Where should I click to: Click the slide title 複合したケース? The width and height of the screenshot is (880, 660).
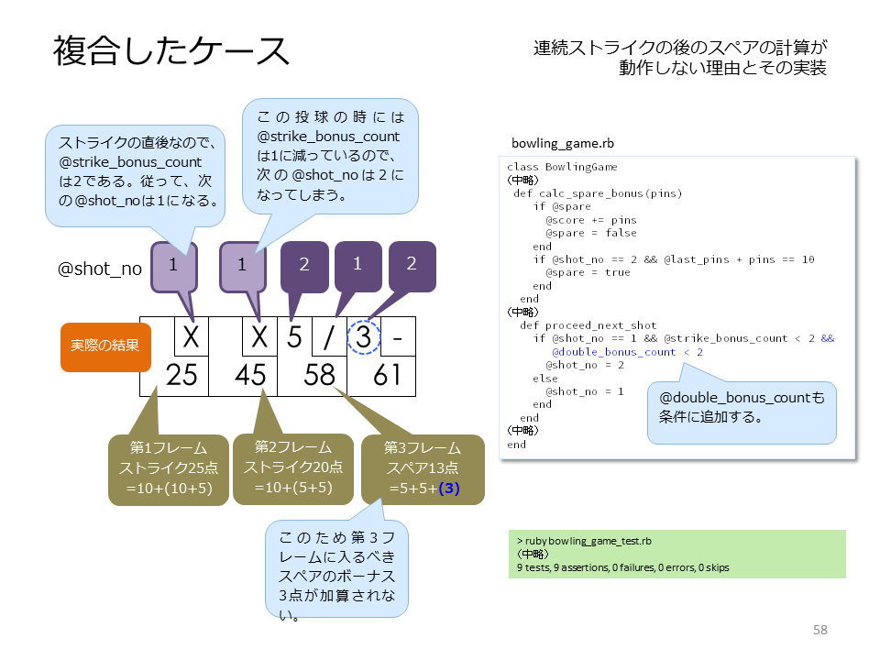tap(171, 51)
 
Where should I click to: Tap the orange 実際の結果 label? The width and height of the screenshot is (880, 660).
tap(105, 346)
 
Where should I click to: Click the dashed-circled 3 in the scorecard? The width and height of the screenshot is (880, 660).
tap(364, 336)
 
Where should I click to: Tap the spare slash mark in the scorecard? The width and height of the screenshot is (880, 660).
tap(329, 337)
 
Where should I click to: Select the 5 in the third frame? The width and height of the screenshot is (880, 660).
tap(294, 337)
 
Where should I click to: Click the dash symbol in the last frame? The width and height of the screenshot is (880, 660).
tap(398, 338)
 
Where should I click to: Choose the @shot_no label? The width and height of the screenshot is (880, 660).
tap(100, 269)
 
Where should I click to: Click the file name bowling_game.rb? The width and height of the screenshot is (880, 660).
tap(562, 143)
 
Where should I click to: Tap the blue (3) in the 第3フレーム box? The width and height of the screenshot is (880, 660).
tap(449, 489)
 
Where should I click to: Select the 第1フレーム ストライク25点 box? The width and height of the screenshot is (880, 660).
tap(169, 469)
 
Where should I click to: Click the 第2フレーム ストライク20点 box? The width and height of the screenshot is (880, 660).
tap(293, 469)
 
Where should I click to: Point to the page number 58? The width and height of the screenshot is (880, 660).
tap(819, 630)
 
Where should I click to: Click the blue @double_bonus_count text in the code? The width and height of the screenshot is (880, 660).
tap(614, 352)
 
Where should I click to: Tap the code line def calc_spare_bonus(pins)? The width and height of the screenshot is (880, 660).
tap(598, 193)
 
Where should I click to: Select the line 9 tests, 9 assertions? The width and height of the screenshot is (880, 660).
tap(623, 567)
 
